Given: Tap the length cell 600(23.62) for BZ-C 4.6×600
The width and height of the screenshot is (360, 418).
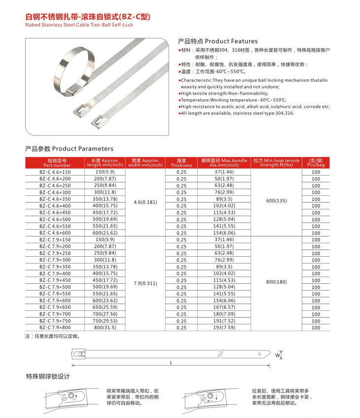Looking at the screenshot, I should coord(105,233).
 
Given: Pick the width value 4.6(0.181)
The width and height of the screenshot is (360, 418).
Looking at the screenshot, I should coord(145,202).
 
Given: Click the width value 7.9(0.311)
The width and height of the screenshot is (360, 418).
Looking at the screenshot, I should coord(145,284).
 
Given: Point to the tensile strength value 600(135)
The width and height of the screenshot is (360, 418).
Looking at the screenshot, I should coord(276,201).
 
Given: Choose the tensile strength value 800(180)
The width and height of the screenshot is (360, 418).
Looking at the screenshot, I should coord(276,282).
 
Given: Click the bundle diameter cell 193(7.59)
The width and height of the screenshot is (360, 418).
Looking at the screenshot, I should coord(223,327).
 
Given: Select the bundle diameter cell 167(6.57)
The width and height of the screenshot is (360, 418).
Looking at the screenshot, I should coord(223,307).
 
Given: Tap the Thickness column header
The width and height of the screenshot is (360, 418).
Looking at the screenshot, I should coord(181,163).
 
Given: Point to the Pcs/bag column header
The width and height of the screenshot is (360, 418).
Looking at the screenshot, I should coord(316,163).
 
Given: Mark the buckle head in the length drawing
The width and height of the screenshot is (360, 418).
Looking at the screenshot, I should coord(78,354).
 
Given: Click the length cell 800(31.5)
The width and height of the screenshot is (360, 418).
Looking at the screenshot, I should coord(105,327).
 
